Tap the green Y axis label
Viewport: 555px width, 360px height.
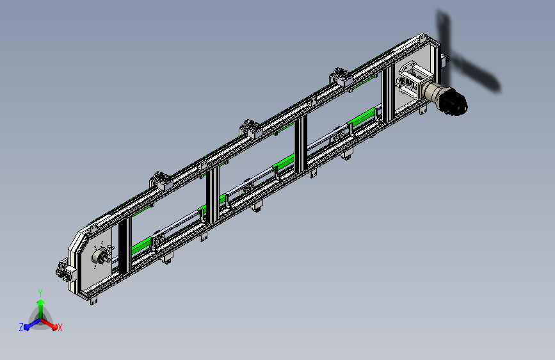click(x=40, y=293)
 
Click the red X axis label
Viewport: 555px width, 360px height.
click(x=60, y=328)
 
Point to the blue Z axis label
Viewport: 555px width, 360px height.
click(x=21, y=327)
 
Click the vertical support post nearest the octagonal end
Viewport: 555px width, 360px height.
click(x=125, y=245)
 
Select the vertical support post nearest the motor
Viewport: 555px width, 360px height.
click(x=388, y=94)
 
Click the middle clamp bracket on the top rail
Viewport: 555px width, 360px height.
click(x=250, y=128)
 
